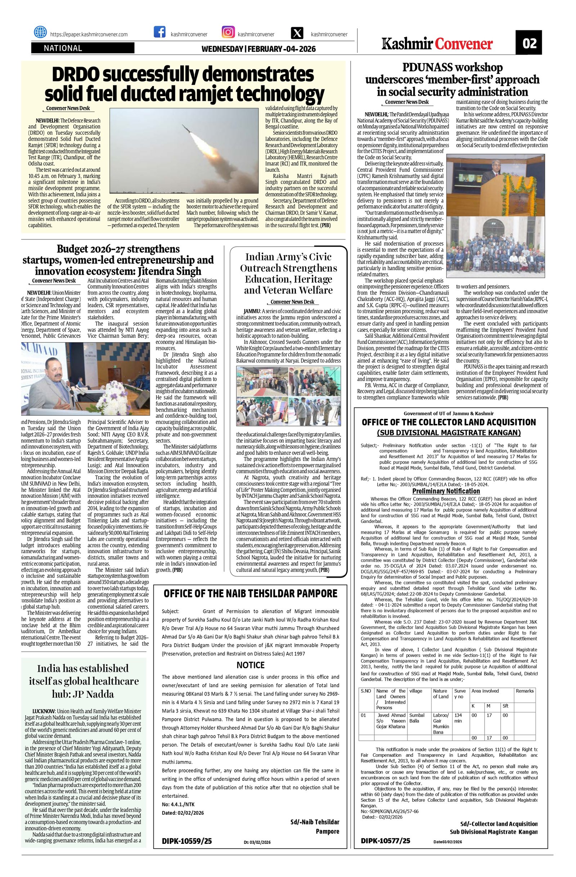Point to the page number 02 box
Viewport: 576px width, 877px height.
(530, 44)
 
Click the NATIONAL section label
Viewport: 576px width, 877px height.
(63, 48)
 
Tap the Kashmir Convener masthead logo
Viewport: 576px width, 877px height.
(437, 44)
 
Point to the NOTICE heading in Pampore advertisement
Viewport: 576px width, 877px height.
(251, 665)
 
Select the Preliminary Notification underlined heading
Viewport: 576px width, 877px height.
(446, 491)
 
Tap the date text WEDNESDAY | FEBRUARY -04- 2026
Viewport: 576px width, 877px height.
(258, 49)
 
